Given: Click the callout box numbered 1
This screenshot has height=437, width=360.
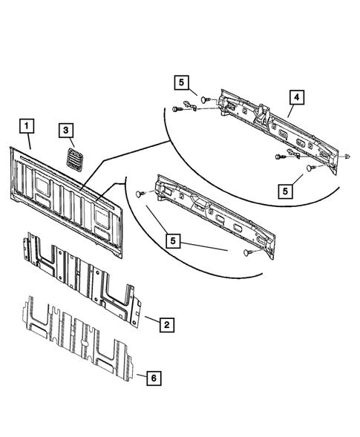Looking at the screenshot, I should [26, 125].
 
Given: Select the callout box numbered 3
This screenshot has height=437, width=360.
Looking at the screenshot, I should [67, 131].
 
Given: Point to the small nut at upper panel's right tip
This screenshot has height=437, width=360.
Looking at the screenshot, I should [347, 157].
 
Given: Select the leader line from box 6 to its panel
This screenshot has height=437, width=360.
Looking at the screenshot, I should [137, 375].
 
